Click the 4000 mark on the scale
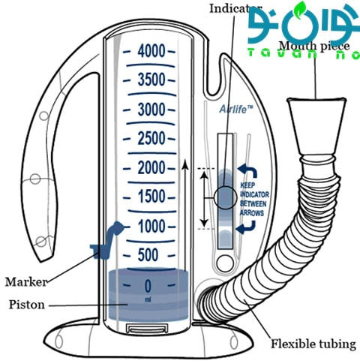151,51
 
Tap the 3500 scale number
151,80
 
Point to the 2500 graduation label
151,138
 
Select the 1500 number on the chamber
151,197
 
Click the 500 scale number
148,255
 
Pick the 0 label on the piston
148,286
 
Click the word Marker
26,282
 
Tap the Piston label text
27,305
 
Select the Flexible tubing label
313,344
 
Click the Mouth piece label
314,46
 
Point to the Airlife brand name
236,110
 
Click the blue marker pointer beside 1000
107,240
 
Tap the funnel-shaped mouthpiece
316,126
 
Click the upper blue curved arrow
247,171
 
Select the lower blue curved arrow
246,227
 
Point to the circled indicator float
225,197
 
